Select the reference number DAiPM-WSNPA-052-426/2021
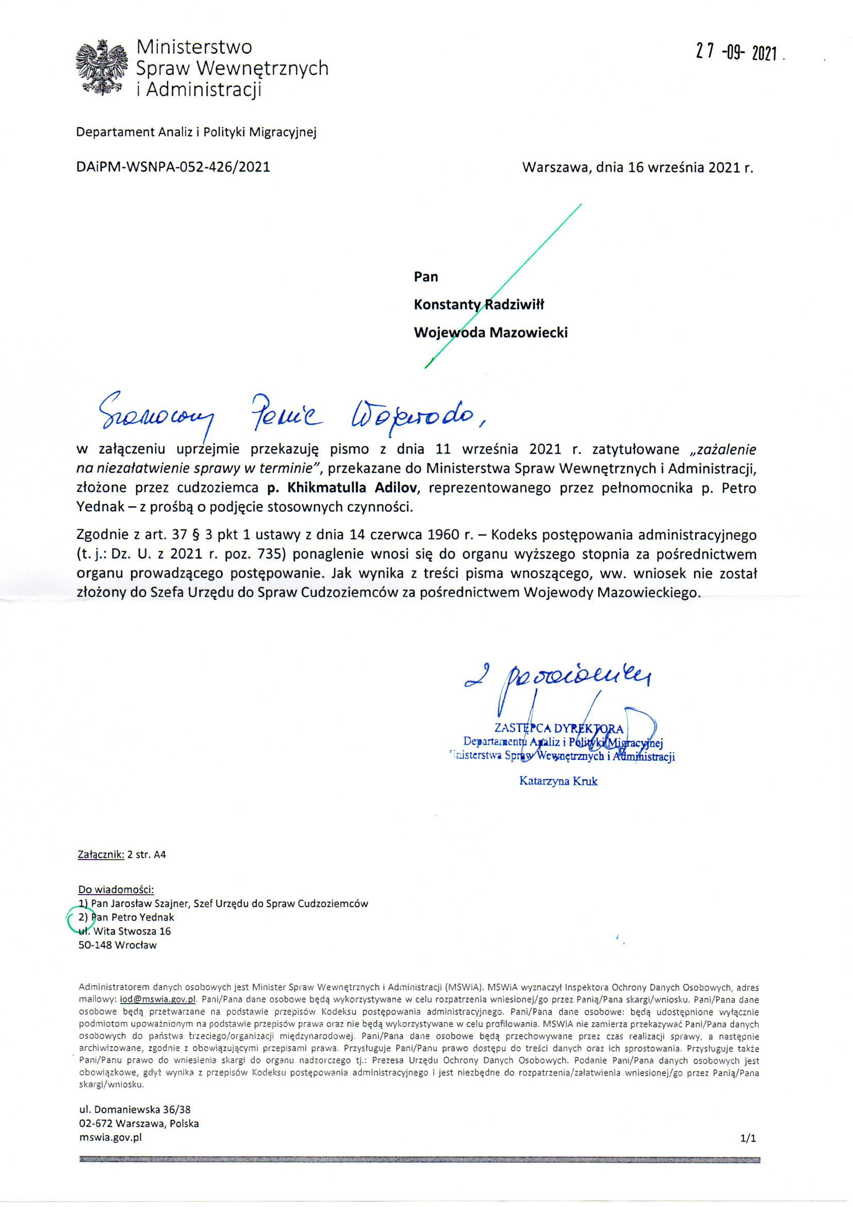click(x=173, y=167)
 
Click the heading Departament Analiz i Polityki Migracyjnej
click(x=196, y=132)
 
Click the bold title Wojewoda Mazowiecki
click(x=490, y=333)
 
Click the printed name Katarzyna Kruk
click(x=558, y=781)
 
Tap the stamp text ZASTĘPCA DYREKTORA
click(x=559, y=728)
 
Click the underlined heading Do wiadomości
click(x=116, y=890)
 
